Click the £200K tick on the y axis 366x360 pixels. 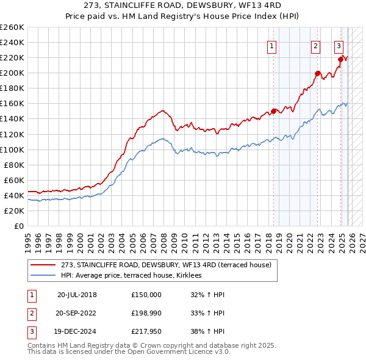click(12, 73)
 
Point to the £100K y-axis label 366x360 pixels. click(12, 149)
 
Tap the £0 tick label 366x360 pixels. click(18, 226)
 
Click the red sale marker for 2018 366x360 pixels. click(274, 110)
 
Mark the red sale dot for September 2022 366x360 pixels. click(318, 73)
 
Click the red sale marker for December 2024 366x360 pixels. click(341, 59)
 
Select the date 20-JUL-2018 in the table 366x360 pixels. click(77, 294)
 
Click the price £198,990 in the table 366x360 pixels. click(146, 313)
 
